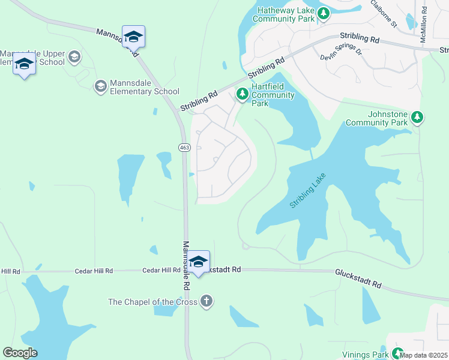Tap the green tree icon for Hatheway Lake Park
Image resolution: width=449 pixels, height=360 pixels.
click(x=324, y=13)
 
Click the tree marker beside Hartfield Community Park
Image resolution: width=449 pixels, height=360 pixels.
click(x=241, y=94)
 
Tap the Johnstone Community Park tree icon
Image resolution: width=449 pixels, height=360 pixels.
click(x=417, y=117)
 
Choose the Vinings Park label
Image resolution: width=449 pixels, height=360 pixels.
click(x=365, y=355)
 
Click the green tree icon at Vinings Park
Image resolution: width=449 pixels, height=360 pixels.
click(x=397, y=353)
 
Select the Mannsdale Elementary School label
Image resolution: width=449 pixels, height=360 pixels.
click(x=143, y=91)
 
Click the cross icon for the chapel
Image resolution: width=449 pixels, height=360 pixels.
click(x=206, y=301)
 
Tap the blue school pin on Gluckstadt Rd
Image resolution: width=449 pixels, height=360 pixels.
click(x=198, y=262)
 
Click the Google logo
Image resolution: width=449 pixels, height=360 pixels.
click(x=20, y=353)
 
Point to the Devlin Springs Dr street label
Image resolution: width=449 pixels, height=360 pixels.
click(x=341, y=55)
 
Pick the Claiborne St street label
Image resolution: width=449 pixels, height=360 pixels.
click(x=384, y=13)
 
